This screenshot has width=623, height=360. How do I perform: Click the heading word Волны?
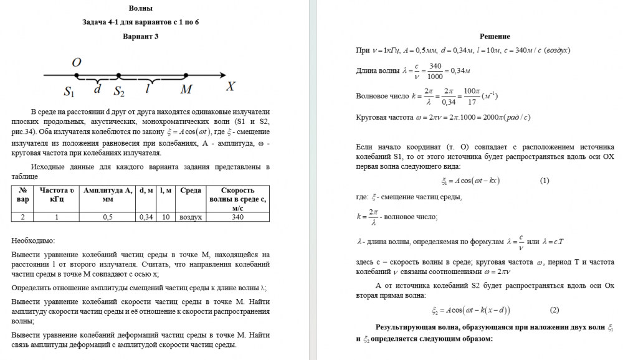(140, 8)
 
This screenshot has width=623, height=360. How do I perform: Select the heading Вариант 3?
(140, 36)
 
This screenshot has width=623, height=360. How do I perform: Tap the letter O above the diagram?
(77, 62)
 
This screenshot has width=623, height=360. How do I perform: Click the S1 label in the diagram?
(69, 92)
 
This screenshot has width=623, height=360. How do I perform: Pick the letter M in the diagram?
(186, 90)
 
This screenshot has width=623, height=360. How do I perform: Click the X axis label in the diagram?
(231, 87)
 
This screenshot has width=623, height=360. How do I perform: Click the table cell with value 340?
(237, 217)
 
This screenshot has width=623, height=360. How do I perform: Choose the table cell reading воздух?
(191, 217)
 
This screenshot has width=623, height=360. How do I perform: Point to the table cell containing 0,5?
(108, 217)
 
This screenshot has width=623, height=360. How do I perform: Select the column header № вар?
(23, 196)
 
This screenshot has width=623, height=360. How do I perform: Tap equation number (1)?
(545, 181)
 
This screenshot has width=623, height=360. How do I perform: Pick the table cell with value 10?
(166, 217)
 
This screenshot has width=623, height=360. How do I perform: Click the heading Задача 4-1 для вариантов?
(140, 22)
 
